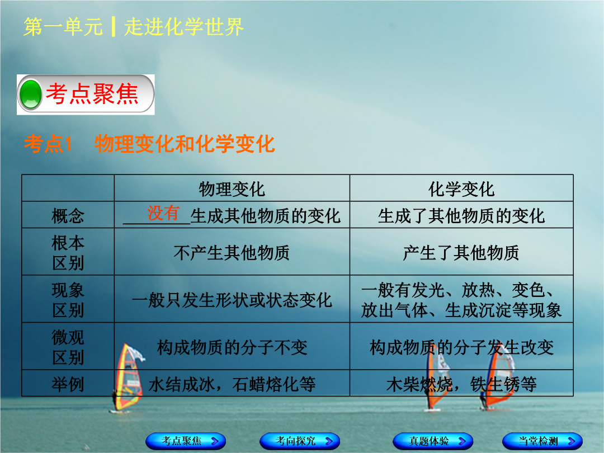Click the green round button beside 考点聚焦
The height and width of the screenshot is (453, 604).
pos(30,95)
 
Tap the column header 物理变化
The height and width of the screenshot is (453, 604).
pos(232,189)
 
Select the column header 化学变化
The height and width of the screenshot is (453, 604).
pos(461,189)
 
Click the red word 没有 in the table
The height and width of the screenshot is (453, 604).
pos(163,213)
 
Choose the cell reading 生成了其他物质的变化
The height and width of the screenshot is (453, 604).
pos(461,216)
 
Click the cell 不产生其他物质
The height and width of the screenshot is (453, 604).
pos(232,253)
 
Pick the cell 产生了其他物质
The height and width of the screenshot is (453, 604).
pos(461,253)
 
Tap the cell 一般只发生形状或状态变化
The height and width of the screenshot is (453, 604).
pos(232,300)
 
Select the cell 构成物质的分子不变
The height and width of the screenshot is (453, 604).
pos(232,347)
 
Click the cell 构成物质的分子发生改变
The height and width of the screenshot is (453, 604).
pos(461,347)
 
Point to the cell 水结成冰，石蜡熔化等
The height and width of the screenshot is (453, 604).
pos(232,384)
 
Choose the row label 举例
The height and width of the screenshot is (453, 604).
pos(68,384)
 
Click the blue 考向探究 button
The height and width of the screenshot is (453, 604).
pos(300,441)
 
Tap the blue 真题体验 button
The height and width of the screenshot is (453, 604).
pos(433,441)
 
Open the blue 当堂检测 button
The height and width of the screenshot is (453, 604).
pos(542,441)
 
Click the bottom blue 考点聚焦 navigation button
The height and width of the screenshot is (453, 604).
pos(186,441)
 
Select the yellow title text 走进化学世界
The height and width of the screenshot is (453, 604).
pos(184,27)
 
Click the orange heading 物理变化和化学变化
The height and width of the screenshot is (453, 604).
pos(185,144)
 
